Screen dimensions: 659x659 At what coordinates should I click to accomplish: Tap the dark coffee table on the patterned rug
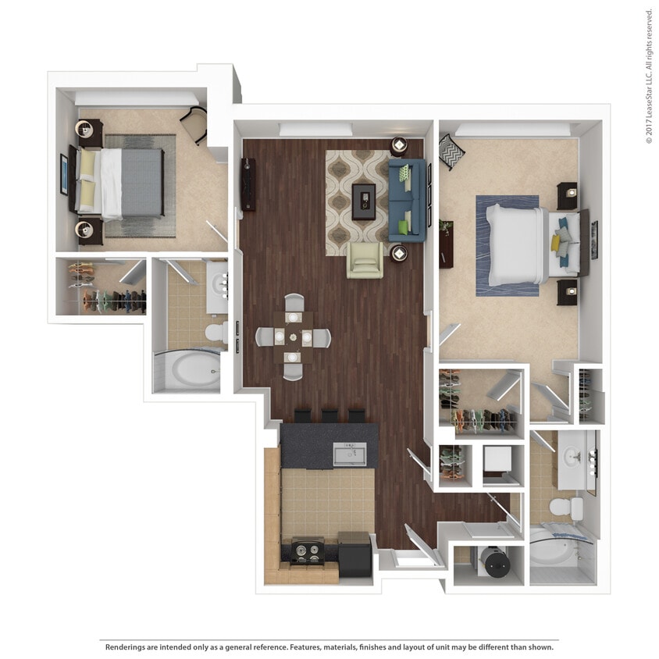coord(362,201)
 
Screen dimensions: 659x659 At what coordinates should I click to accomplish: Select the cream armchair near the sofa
coord(365,259)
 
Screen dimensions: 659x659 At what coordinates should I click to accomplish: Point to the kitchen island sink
coord(349,454)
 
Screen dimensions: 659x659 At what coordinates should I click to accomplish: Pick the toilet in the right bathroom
coord(565,508)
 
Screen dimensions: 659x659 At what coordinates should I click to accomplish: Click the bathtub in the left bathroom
coord(187,370)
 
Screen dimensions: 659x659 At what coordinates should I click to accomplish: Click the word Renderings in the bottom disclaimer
coord(128,647)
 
